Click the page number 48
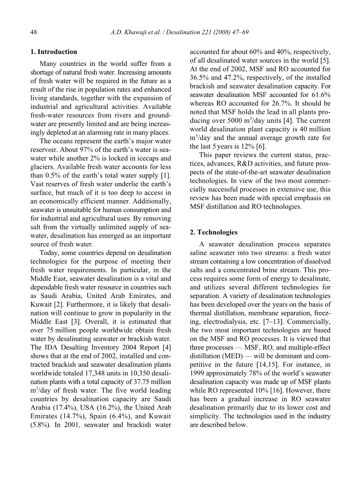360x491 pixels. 34,32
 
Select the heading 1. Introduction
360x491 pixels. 54,52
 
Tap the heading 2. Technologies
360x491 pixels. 214,232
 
